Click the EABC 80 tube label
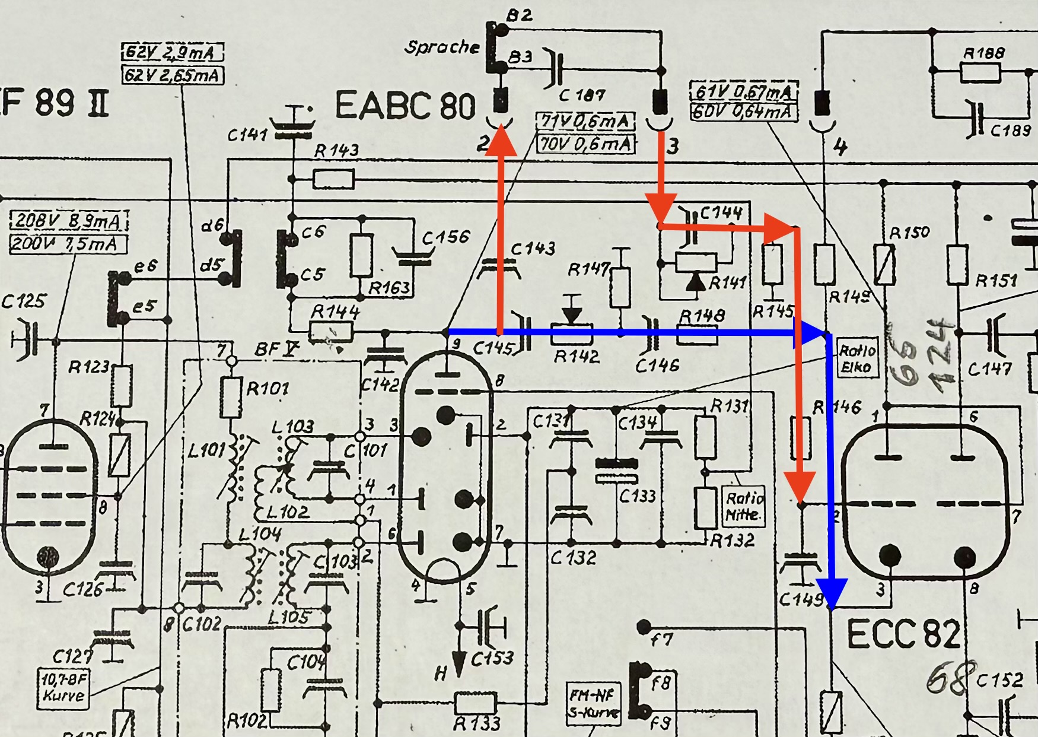406,106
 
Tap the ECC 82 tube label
902,634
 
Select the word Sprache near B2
442,47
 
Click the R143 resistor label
336,151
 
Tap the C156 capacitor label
445,237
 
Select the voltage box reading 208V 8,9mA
69,221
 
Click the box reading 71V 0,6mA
585,122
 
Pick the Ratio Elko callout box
856,358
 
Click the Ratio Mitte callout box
744,506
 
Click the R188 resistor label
984,53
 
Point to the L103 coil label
292,427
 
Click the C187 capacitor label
581,95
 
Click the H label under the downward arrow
440,674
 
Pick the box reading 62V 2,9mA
173,53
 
